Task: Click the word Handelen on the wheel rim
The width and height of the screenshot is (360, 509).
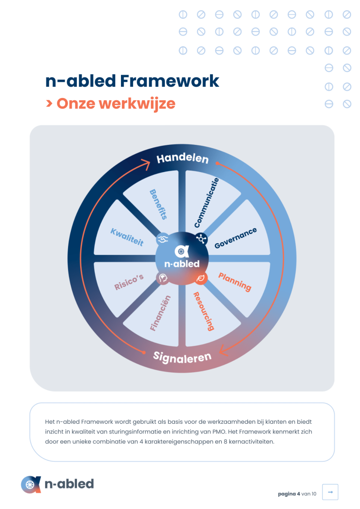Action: click(182, 158)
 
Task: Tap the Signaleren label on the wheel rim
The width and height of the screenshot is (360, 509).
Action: click(182, 357)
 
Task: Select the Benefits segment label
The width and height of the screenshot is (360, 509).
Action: click(158, 204)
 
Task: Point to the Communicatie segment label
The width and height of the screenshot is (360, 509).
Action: click(206, 202)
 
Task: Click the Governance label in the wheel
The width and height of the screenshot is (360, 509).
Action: click(236, 238)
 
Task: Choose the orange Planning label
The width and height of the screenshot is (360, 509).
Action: click(235, 282)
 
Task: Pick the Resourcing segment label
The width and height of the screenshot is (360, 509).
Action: click(204, 311)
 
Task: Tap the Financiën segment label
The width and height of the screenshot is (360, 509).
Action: click(160, 313)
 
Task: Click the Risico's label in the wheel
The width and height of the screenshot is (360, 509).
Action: click(129, 282)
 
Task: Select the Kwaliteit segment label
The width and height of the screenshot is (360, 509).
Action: click(127, 237)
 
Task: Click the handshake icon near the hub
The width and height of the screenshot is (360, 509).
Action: click(163, 239)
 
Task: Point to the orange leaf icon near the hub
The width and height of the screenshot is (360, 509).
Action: click(201, 278)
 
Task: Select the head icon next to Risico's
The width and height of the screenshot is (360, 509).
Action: click(163, 278)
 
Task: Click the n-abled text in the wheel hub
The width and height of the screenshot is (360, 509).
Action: click(182, 263)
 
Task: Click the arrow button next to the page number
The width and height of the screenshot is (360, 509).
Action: click(330, 492)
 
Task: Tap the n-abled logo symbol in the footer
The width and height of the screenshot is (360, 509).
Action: click(31, 484)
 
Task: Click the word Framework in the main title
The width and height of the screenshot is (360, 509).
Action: click(169, 81)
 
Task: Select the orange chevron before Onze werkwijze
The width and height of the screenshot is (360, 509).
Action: click(49, 104)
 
